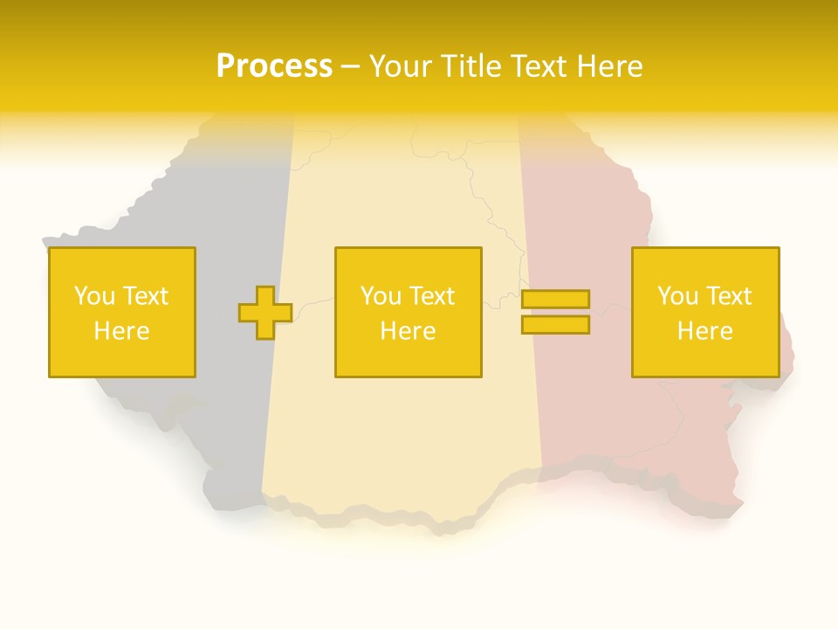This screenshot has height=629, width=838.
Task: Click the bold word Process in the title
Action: click(274, 66)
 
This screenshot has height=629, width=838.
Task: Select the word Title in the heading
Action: click(470, 66)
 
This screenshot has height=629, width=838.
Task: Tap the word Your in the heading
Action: click(400, 66)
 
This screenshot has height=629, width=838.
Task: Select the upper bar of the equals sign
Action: click(555, 299)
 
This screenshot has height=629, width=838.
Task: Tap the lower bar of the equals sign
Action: click(555, 325)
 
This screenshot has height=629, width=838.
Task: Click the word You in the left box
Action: click(94, 296)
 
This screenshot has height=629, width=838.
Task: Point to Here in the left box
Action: click(121, 331)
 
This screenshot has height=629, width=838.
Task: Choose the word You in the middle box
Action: click(381, 296)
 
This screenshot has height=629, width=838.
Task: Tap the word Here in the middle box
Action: click(408, 331)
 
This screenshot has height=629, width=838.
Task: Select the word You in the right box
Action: click(678, 296)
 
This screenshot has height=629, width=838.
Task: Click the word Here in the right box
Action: click(705, 331)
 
